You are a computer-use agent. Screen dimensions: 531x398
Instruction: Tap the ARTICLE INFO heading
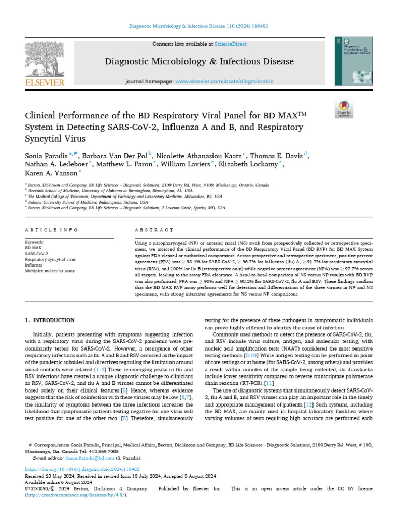point(52,230)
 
